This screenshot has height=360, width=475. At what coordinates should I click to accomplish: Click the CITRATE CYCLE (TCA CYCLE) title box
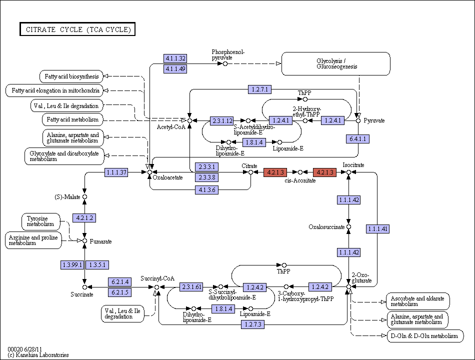coord(77,29)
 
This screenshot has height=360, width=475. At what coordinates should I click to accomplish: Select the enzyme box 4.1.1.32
coord(175,58)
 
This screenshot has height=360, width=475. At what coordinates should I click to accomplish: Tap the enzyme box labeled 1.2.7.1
coord(259,89)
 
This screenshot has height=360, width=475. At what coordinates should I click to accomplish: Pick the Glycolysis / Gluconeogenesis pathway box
coord(336,63)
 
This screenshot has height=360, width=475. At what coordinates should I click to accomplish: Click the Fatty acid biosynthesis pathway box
coord(71,76)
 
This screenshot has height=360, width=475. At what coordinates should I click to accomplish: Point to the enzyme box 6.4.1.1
coord(358,139)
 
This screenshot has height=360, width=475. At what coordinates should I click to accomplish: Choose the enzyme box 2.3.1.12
coord(222,120)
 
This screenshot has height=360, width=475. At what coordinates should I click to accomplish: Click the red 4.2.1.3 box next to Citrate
coord(275,172)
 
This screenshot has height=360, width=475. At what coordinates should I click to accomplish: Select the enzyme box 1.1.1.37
coord(116,172)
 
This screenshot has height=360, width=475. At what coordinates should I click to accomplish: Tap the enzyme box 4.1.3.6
coord(207,189)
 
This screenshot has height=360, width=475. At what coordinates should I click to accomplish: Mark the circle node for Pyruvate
coord(358,120)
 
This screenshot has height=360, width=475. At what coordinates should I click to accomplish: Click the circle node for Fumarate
coord(85,241)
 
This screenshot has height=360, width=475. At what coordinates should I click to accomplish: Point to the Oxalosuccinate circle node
coord(348,226)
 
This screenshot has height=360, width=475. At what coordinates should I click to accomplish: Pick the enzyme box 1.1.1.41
coord(377,229)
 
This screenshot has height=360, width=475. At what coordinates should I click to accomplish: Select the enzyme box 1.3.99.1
coord(72,265)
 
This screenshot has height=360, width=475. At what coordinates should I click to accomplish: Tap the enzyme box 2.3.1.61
coord(191,286)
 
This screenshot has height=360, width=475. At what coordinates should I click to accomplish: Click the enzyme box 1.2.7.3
coord(253,324)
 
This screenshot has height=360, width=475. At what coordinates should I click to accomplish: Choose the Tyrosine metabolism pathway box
coord(41,221)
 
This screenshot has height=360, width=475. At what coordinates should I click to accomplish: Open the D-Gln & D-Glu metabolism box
coord(425,336)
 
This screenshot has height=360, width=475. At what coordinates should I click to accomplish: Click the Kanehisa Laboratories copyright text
coord(38,355)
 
